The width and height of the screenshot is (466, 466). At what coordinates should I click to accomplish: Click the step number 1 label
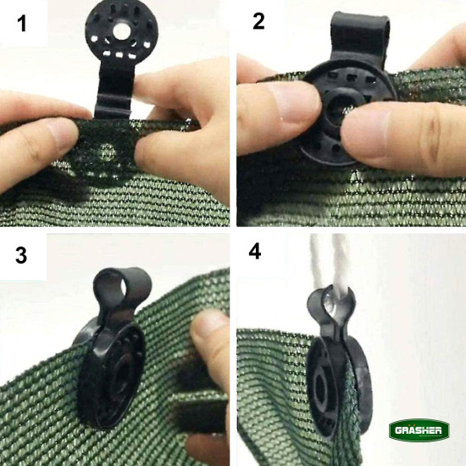point(22,24)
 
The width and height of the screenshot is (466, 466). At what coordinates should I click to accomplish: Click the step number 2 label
point(258,21)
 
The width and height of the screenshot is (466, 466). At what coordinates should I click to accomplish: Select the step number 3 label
point(21,255)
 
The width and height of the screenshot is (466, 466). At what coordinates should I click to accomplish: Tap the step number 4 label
point(255,252)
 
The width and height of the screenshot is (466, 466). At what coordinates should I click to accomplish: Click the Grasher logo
point(419,430)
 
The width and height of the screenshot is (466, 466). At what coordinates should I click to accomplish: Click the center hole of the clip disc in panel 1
point(121,31)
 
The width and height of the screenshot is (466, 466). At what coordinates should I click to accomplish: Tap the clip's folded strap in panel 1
point(114,92)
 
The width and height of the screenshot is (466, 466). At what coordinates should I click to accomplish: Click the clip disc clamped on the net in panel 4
point(339,386)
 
